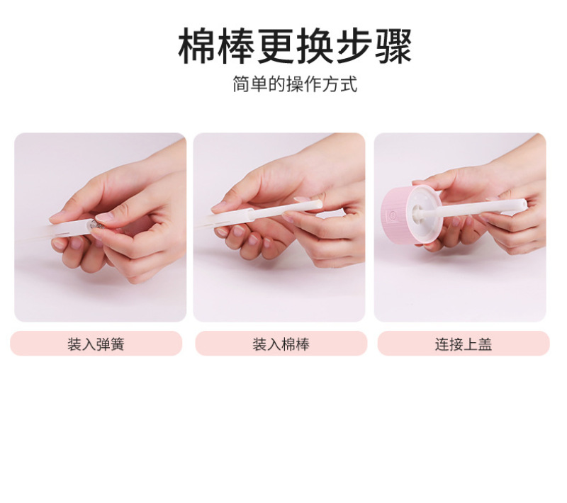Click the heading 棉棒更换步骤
295,46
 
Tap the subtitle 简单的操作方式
295,84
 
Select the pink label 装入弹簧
96,344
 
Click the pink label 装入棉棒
281,344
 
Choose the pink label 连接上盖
464,344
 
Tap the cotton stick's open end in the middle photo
318,204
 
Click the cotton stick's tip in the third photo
523,205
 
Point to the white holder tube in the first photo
70,228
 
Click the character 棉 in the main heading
197,46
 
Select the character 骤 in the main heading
393,46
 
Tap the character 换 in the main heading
315,46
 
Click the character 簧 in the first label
117,344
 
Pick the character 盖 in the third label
485,344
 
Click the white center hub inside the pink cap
417,211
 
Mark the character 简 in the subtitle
241,84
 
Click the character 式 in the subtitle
349,84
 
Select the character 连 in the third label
442,344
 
